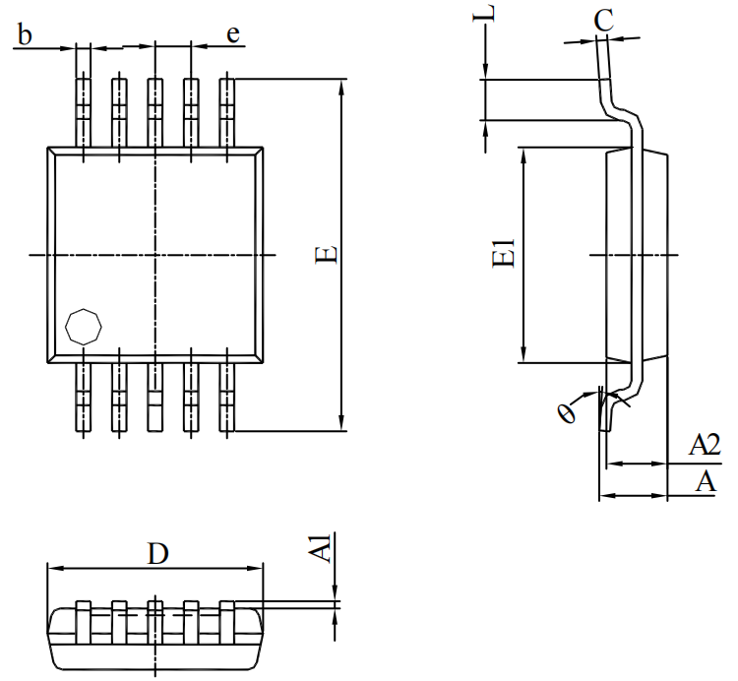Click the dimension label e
coord(233,34)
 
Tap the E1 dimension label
coord(505,254)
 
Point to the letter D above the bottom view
coord(157,554)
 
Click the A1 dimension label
coord(321,548)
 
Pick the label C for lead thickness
coord(604,19)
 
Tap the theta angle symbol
coord(567,412)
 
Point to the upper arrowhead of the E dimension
coord(341,89)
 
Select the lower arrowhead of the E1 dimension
coord(525,355)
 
